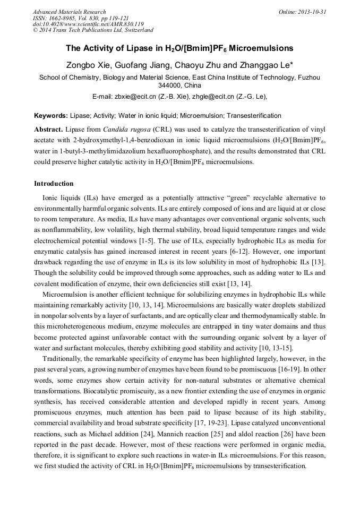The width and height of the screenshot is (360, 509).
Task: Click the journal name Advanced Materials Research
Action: (x=69, y=12)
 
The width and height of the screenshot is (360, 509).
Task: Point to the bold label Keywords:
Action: (x=51, y=116)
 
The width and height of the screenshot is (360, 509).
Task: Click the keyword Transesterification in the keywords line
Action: (x=255, y=116)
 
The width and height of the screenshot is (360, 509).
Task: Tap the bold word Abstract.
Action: (x=48, y=130)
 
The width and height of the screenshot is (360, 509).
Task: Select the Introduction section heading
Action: (x=54, y=184)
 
